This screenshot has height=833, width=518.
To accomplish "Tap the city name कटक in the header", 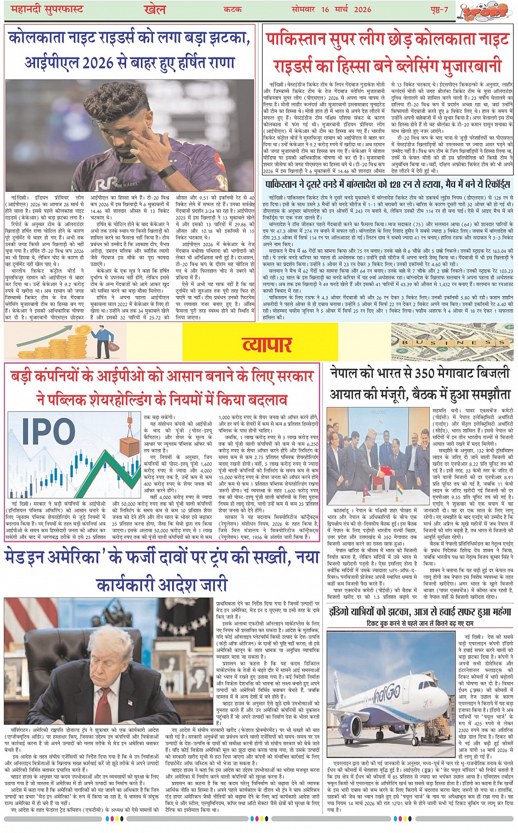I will click(233, 9).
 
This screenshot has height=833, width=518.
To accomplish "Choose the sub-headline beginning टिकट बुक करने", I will click(420, 624).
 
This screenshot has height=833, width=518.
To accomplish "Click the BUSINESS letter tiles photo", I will click(452, 343).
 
